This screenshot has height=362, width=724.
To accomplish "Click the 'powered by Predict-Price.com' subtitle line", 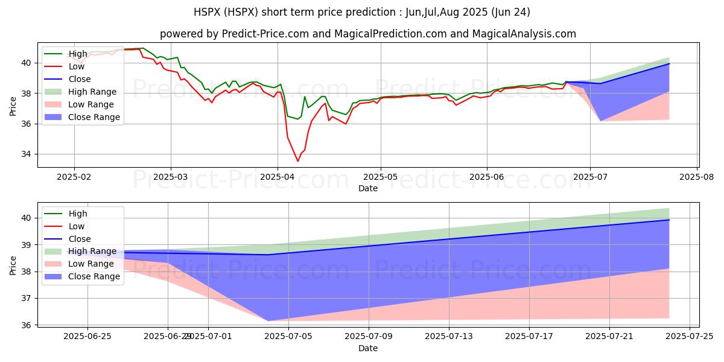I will pos(367,34).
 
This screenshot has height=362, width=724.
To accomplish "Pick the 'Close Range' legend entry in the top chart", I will pos(94,117).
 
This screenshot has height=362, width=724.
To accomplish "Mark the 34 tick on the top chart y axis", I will pos(26,154).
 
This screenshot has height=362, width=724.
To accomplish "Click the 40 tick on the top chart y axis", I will pos(26,63).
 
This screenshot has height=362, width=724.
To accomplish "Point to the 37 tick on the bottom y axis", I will pos(26,298).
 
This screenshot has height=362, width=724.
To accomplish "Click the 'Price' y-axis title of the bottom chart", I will pos(13,265).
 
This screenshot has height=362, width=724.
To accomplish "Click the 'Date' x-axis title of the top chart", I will pos(367,188).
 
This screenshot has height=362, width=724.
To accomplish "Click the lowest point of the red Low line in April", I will pos(297,161).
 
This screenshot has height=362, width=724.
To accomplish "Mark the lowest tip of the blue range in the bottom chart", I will pos(268,321).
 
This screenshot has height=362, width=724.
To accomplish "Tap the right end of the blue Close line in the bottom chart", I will pos(669,220).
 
